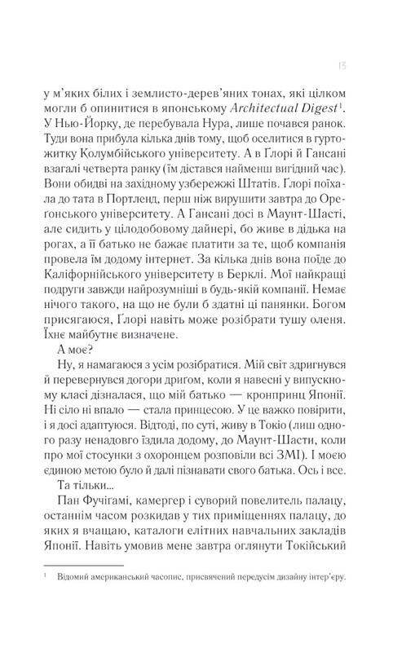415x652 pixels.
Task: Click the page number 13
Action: (346, 64)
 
